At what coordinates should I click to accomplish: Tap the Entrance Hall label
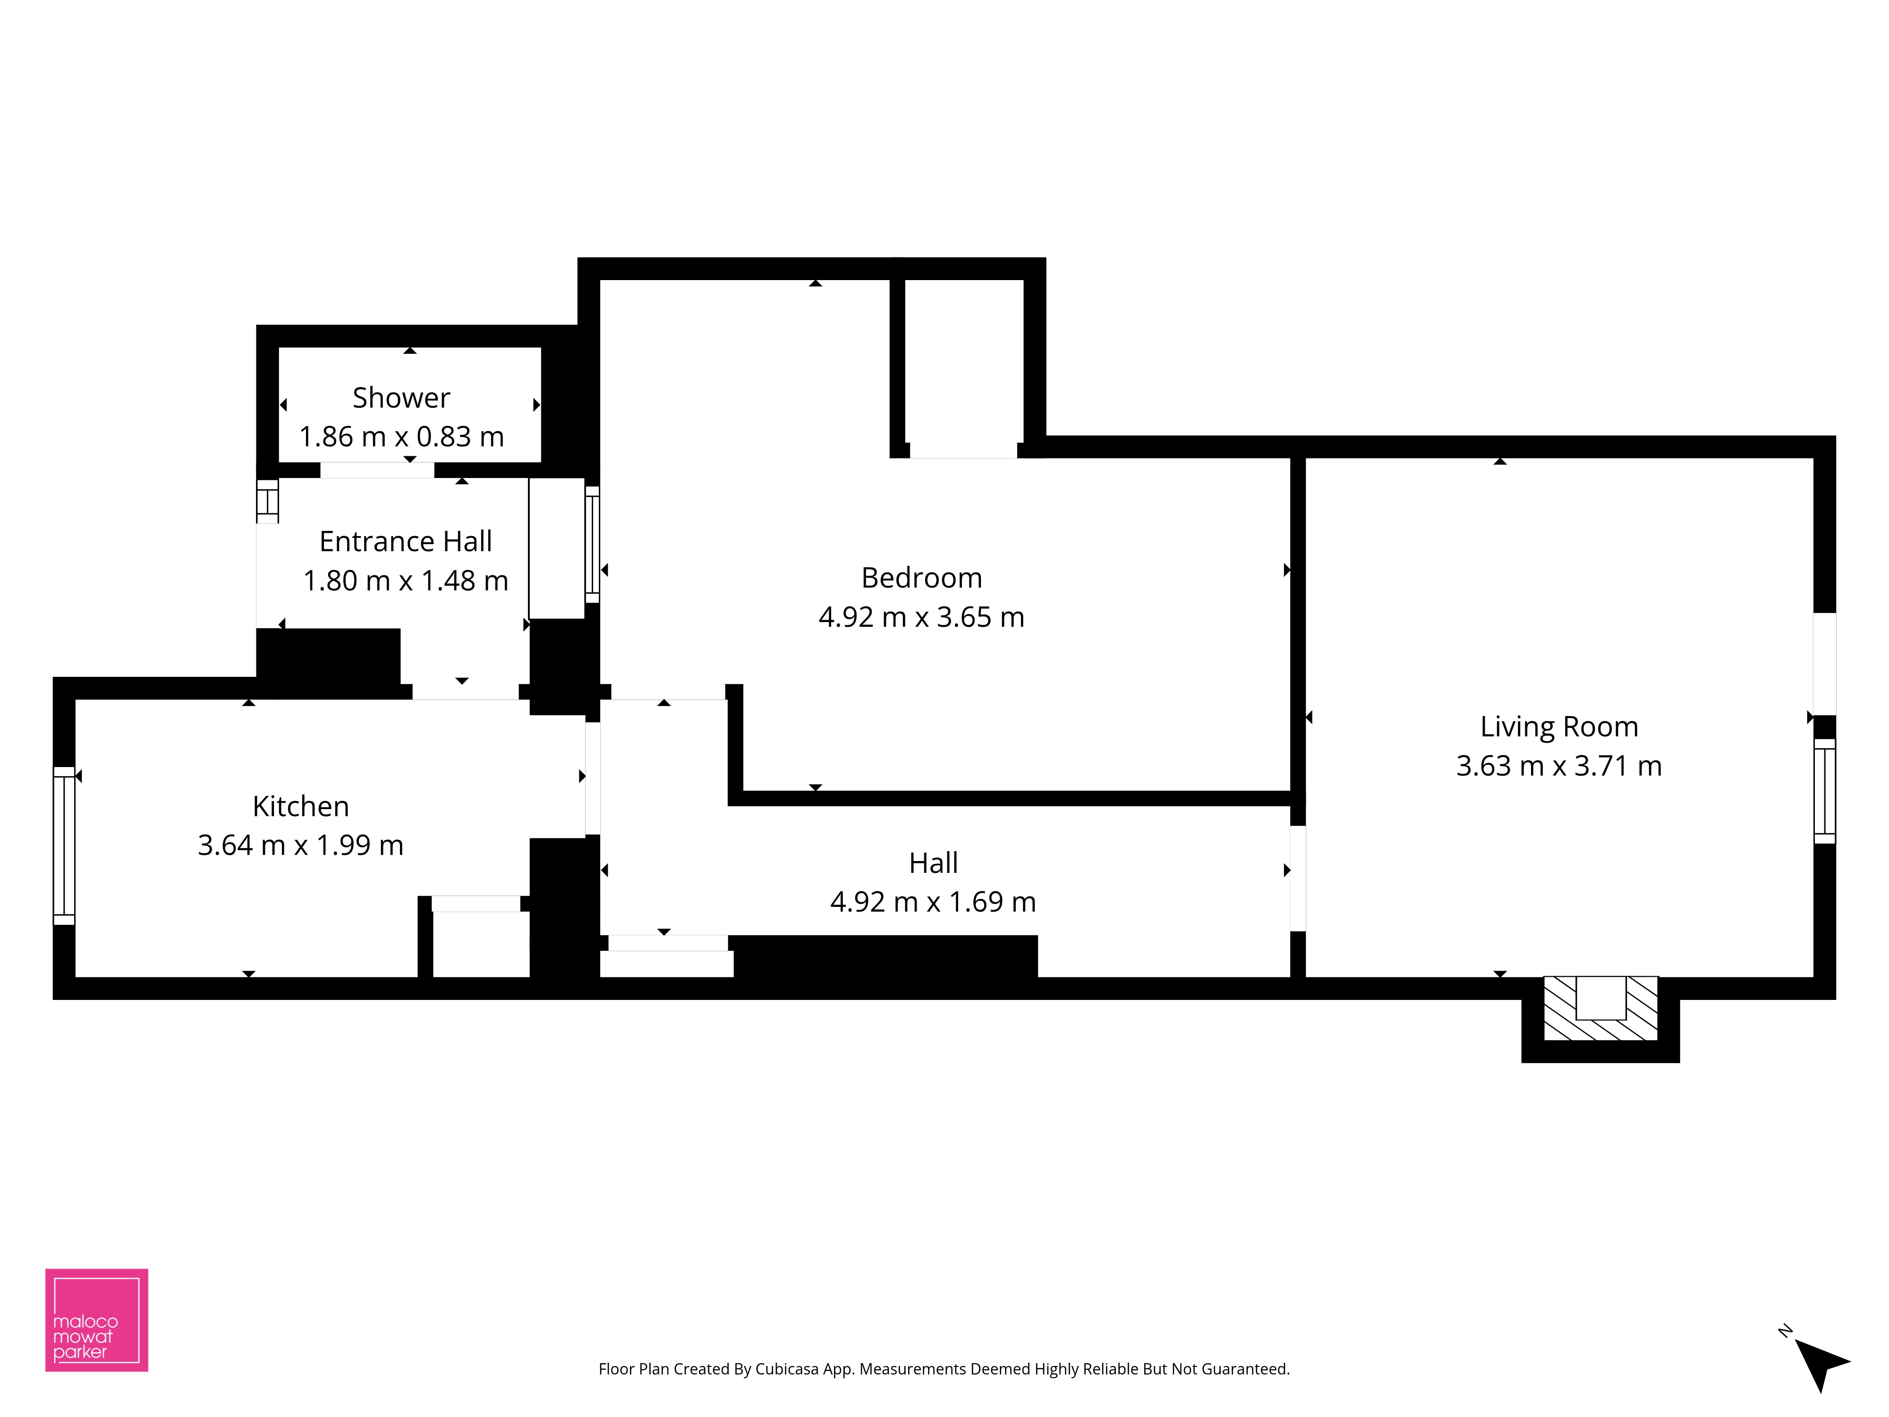pyautogui.click(x=406, y=541)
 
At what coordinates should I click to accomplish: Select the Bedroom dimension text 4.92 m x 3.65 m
pyautogui.click(x=921, y=617)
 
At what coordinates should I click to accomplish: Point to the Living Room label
pyautogui.click(x=1559, y=727)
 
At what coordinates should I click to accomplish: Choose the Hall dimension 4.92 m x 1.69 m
pyautogui.click(x=933, y=902)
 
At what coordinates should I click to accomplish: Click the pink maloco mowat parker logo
pyautogui.click(x=96, y=1320)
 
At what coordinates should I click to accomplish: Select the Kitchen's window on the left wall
pyautogui.click(x=64, y=845)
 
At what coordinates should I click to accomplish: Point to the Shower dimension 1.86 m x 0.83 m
pyautogui.click(x=401, y=436)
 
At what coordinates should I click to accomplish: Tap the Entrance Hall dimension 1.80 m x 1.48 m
pyautogui.click(x=406, y=581)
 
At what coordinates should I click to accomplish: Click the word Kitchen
pyautogui.click(x=301, y=806)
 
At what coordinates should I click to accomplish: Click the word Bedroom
pyautogui.click(x=921, y=578)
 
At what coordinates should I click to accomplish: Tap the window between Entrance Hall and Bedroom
pyautogui.click(x=592, y=544)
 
